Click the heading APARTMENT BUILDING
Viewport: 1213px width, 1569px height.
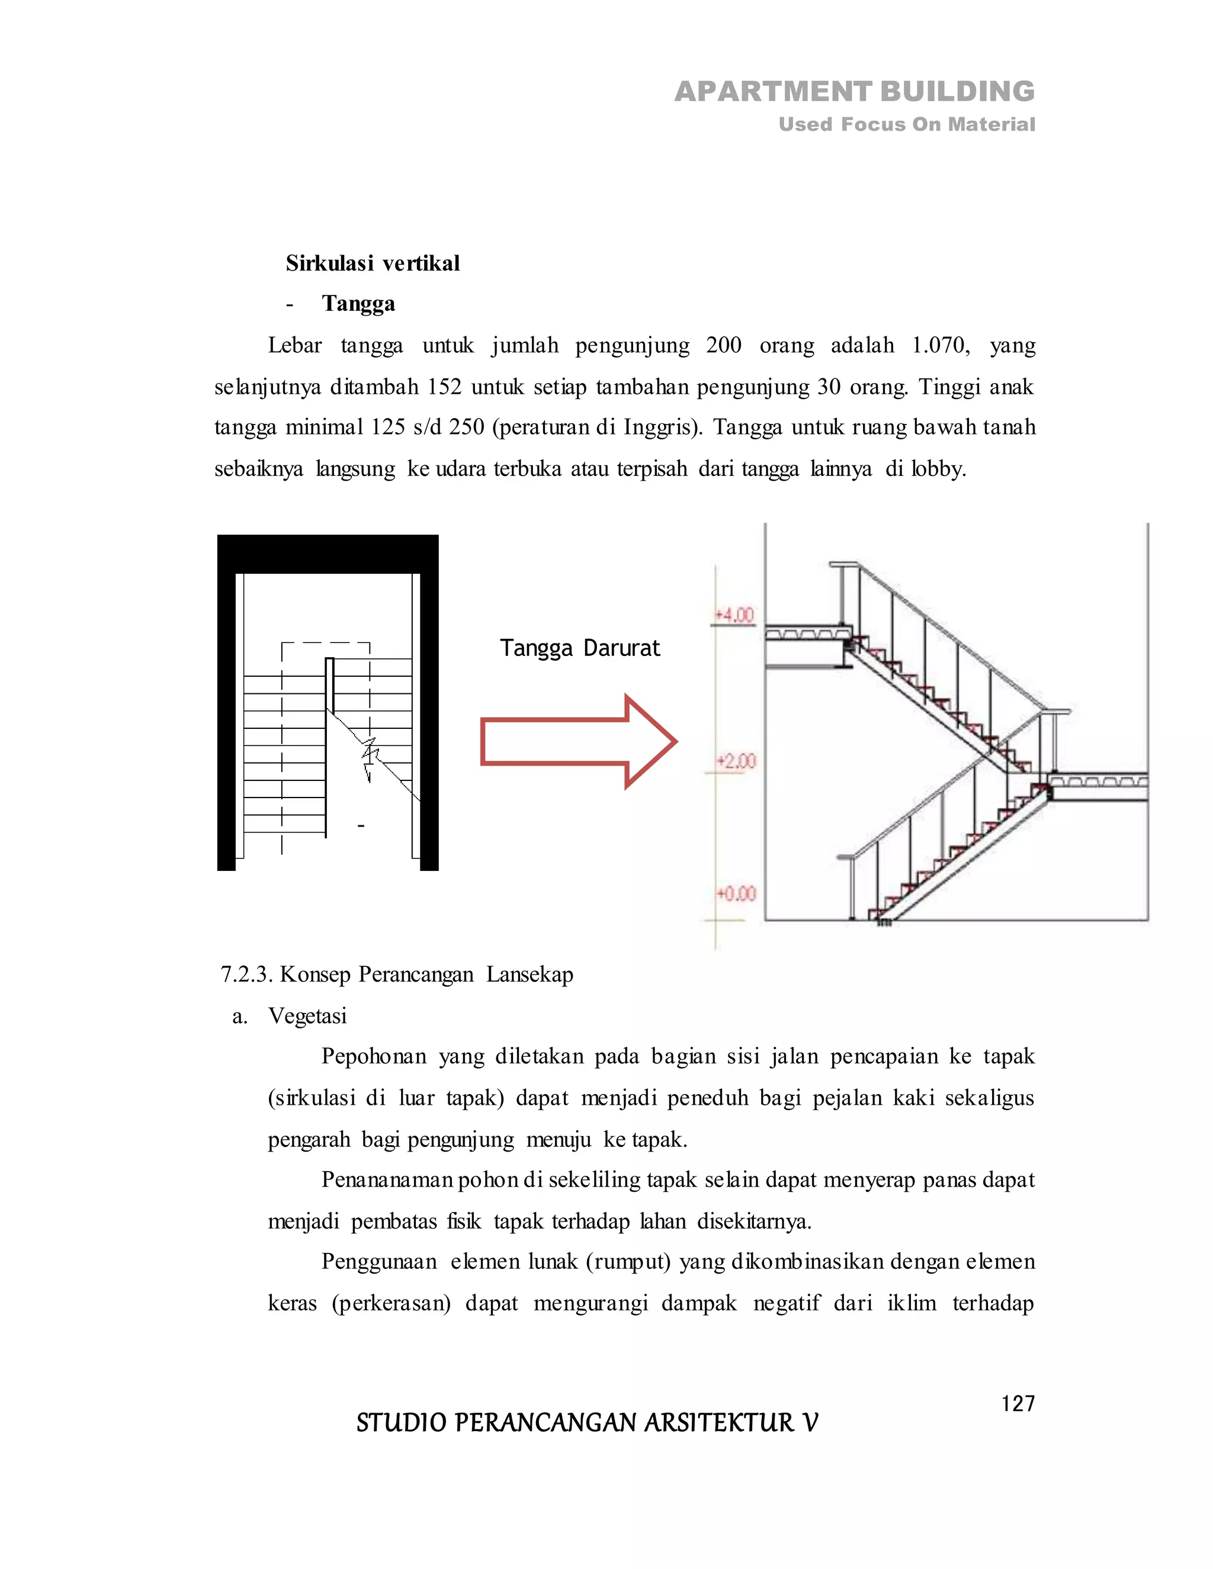click(x=855, y=92)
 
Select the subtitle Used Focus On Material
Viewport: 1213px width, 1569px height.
click(x=906, y=125)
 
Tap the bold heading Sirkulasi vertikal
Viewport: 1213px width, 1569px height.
click(x=372, y=263)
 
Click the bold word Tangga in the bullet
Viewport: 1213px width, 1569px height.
click(x=358, y=304)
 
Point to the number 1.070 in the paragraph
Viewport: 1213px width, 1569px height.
click(x=939, y=346)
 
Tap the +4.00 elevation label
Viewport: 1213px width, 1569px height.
click(x=734, y=616)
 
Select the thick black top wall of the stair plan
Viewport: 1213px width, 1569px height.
click(x=328, y=554)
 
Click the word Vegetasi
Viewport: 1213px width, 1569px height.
click(x=307, y=1017)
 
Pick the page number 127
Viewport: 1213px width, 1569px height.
click(x=1018, y=1404)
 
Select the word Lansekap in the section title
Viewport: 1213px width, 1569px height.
click(x=530, y=975)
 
